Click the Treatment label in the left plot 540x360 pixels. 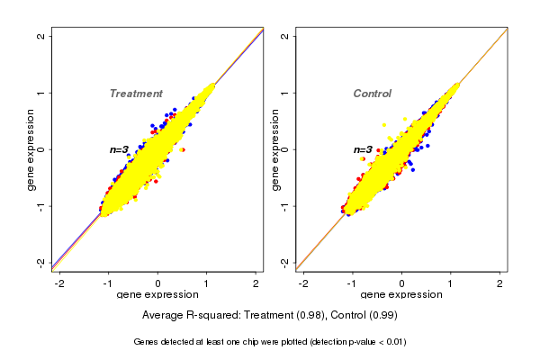click(136, 94)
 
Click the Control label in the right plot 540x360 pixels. click(372, 94)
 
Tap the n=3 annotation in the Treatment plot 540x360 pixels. click(120, 149)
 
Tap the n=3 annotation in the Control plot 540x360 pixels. click(363, 150)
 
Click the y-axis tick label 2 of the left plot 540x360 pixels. click(40, 36)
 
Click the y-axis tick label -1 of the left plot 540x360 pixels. click(40, 206)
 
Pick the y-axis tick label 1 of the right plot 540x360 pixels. click(284, 93)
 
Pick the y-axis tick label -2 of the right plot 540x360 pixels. click(284, 262)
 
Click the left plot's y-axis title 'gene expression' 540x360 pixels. click(30, 149)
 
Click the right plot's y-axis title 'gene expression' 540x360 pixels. click(274, 149)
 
